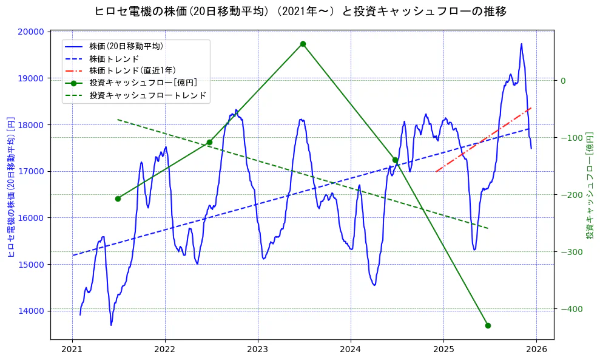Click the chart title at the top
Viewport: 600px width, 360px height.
coord(300,11)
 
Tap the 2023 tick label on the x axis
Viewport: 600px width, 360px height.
coord(258,350)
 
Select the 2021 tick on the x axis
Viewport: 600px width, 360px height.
coord(72,350)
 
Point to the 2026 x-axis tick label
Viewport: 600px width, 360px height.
coord(536,350)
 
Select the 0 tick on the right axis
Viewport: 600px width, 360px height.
coord(562,81)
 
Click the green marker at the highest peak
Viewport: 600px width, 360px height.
coord(303,44)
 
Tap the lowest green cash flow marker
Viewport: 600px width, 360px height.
coord(488,325)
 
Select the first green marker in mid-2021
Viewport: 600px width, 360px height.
coord(118,199)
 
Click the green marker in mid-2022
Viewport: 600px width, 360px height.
coord(209,142)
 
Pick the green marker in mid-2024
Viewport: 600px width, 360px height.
coord(395,160)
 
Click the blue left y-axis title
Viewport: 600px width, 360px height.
coord(11,187)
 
